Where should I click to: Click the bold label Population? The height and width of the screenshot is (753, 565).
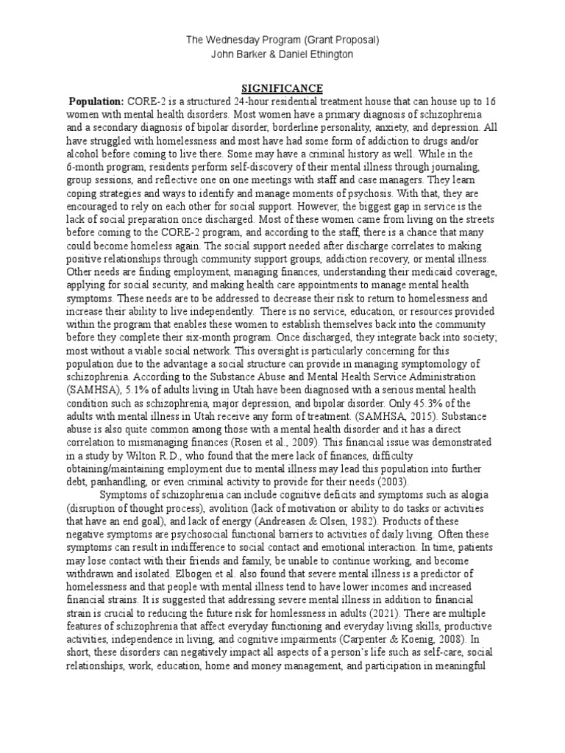click(x=96, y=101)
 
